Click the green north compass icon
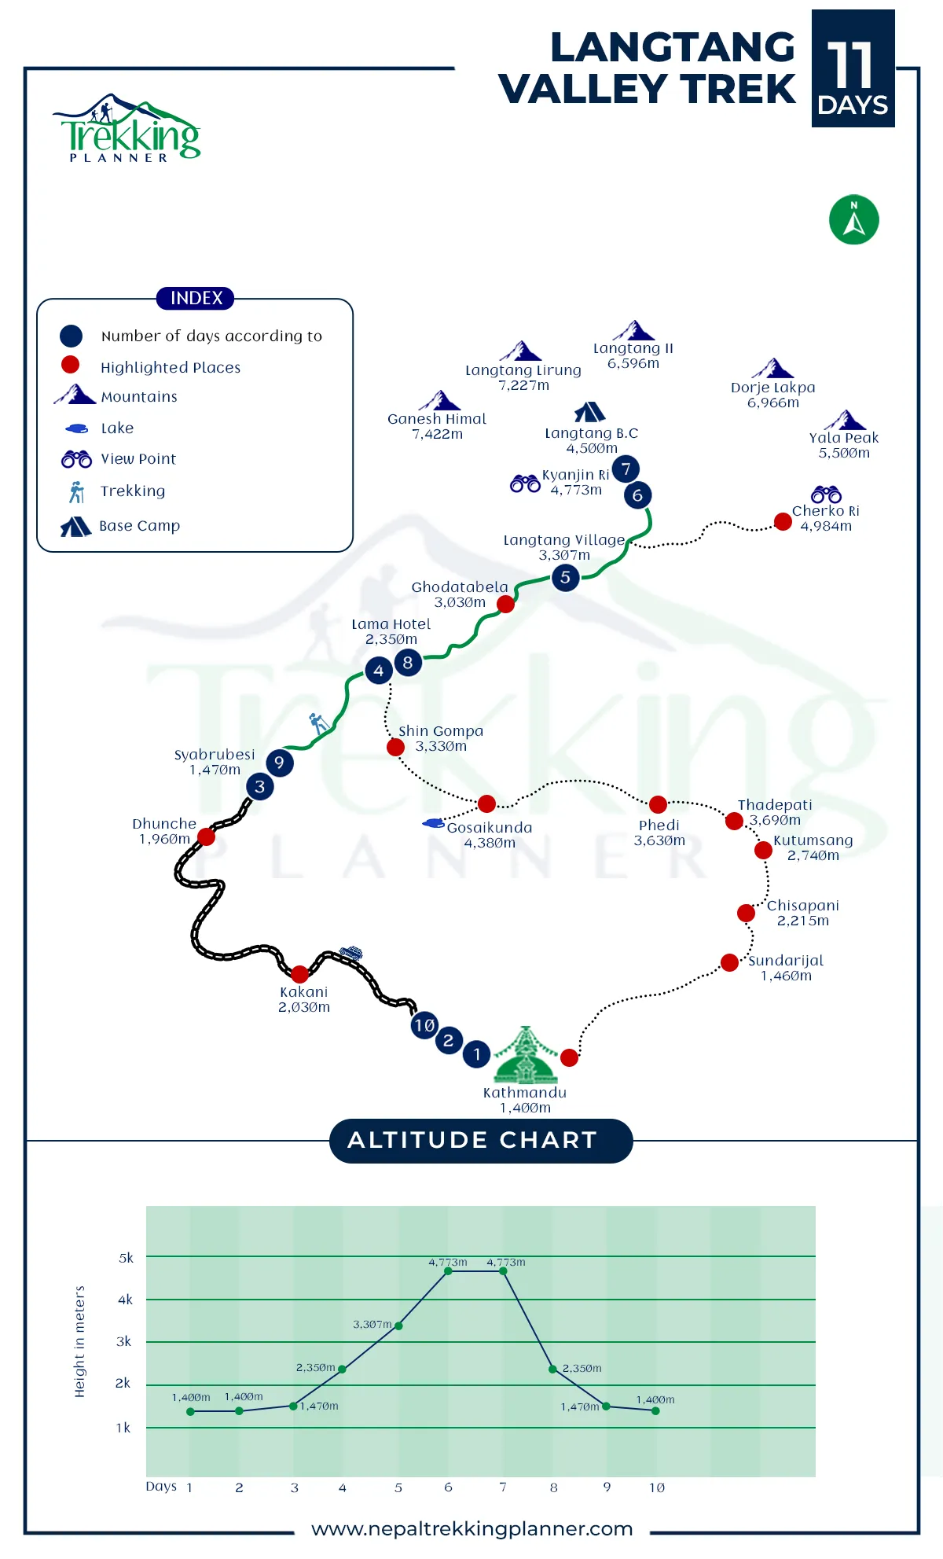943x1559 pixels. [853, 219]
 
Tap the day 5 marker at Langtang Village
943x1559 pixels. [565, 578]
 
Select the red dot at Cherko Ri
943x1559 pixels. [783, 521]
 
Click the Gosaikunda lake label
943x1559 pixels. [490, 835]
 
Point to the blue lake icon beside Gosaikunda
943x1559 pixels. [434, 823]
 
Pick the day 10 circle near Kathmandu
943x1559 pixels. [424, 1025]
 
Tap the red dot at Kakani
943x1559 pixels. [299, 974]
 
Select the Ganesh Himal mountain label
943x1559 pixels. [437, 426]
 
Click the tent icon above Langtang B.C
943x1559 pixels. [589, 412]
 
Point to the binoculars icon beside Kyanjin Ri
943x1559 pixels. [525, 483]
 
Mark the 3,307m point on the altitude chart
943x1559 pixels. [398, 1326]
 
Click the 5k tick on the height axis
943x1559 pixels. [126, 1258]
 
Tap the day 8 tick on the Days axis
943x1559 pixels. [554, 1487]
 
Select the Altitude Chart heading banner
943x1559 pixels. [481, 1140]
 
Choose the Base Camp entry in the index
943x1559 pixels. [121, 526]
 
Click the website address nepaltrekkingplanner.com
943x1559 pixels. [472, 1529]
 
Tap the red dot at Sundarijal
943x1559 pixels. [729, 962]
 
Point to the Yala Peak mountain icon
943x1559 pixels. [845, 420]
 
